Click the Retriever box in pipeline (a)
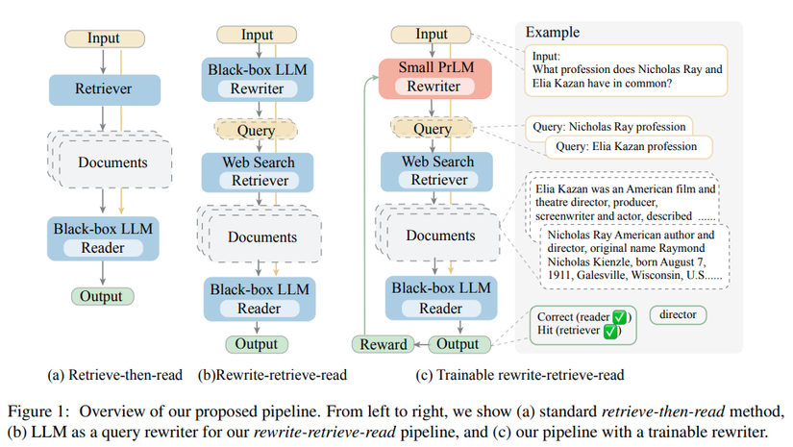click(104, 89)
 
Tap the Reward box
click(383, 344)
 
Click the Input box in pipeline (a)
click(103, 38)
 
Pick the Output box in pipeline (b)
click(257, 344)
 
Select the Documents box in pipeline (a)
click(109, 164)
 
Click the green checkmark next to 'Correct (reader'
click(621, 316)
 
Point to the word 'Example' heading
click(552, 33)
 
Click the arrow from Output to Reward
click(420, 344)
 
